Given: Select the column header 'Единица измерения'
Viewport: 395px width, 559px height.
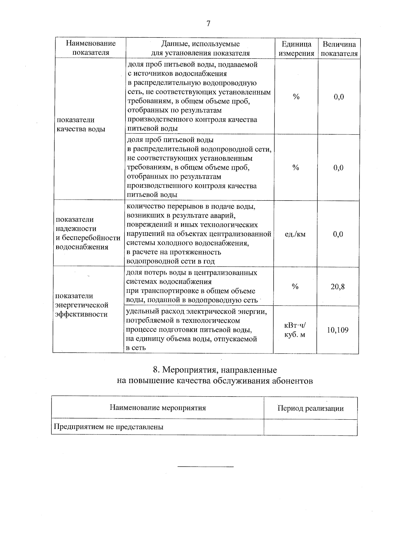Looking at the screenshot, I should (296, 48).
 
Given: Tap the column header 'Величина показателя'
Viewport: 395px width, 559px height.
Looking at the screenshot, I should (339, 48).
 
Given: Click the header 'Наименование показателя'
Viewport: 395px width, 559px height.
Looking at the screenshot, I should (91, 48).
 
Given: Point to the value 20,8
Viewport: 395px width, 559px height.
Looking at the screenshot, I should (338, 287).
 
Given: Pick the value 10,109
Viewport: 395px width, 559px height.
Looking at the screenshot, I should (338, 330).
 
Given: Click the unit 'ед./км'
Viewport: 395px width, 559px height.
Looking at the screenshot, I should (295, 234).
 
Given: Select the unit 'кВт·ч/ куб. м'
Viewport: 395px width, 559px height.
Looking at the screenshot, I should (295, 330).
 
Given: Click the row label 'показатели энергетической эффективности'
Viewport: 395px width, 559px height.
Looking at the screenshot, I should (82, 305).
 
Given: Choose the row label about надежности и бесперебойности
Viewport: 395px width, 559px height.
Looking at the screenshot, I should (88, 233).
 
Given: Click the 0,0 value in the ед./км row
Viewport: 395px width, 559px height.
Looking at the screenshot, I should (338, 234).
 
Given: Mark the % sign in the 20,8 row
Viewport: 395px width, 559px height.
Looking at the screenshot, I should (295, 287).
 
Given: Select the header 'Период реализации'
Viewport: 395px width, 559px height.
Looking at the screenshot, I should (310, 408).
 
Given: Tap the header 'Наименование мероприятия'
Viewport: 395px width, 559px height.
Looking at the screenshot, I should (158, 408).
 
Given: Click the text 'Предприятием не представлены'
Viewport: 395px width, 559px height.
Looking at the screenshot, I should (109, 427).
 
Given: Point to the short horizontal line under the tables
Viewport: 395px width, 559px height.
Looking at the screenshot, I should (205, 467).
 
